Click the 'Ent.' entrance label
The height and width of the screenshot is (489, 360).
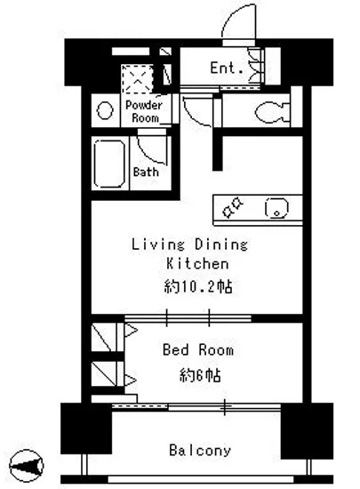pos(222,67)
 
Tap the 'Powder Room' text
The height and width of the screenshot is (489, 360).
pos(145,110)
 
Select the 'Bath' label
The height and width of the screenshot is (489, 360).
pos(145,172)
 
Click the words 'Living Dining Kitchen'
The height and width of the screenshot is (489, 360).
pos(189,253)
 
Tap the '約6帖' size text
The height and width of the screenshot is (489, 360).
pos(197,375)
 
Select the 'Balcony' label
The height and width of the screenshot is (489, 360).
pos(199,450)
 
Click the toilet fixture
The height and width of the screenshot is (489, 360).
pos(268,111)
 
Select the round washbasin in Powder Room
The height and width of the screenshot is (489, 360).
pos(104,111)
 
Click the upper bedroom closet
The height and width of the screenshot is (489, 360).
pos(105,340)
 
